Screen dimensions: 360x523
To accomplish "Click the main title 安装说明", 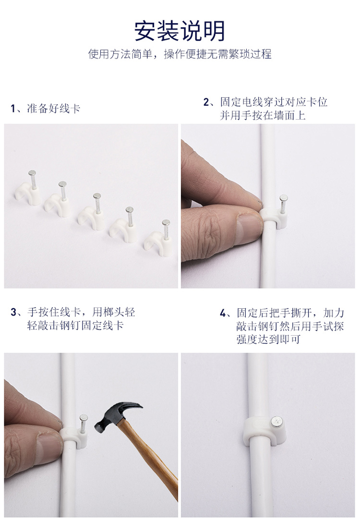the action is pos(180,31).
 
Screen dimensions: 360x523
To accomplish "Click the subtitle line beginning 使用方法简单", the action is pos(180,54).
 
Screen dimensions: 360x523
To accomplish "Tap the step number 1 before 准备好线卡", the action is pos(13,109).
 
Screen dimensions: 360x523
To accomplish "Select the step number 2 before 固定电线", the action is pos(206,102).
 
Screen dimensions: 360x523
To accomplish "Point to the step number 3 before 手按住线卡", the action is pos(13,312).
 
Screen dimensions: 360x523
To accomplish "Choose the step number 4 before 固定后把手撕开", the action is pos(223,313).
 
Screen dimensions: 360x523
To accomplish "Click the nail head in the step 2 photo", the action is pos(284,198).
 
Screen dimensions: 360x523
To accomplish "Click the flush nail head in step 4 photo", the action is pos(276,421).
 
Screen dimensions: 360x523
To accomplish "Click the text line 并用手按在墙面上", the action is pos(263,115).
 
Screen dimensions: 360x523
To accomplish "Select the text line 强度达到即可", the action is pos(269,340).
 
